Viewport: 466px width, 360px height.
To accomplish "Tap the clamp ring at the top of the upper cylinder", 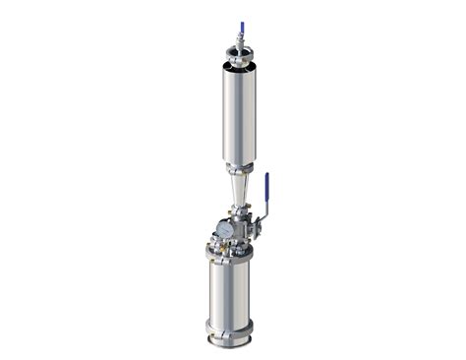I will tap(239, 62).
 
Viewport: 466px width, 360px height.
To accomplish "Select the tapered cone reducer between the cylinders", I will tap(239, 188).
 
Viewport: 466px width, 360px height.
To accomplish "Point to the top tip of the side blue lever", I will tap(266, 176).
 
